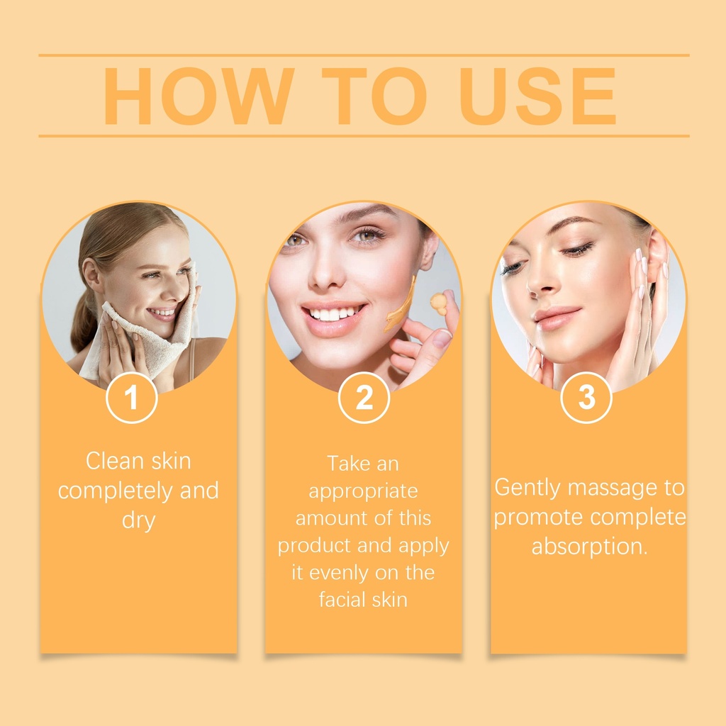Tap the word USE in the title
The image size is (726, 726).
537,96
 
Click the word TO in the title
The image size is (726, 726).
374,96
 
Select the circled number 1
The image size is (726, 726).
131,398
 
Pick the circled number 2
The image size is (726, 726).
364,398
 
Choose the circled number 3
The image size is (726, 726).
586,398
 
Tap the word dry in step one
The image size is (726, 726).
138,521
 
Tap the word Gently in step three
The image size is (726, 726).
527,488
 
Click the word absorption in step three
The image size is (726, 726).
589,547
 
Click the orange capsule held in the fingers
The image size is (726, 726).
438,303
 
